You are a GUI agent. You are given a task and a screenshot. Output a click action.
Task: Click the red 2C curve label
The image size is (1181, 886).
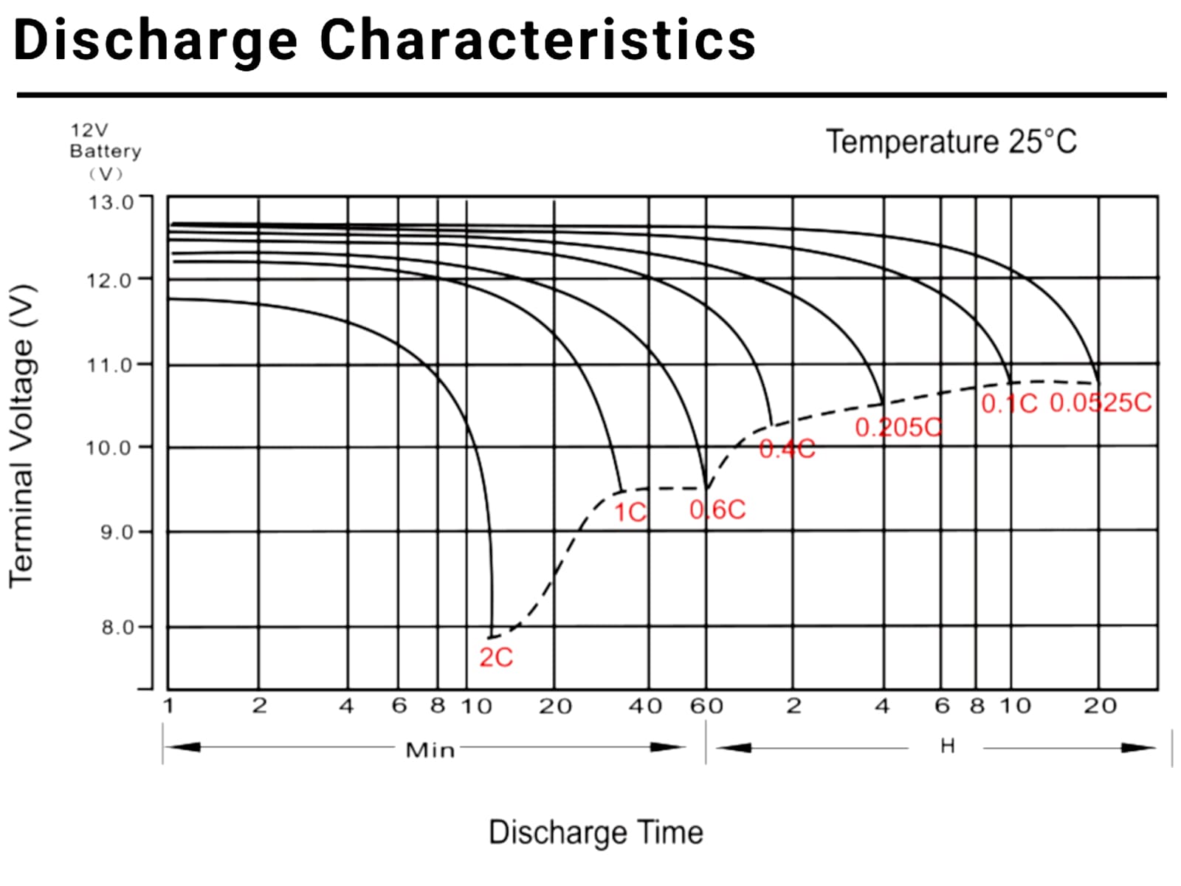495,657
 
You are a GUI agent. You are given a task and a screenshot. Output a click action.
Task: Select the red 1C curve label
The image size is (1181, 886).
630,512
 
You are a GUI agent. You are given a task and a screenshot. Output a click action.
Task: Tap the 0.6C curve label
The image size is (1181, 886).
717,509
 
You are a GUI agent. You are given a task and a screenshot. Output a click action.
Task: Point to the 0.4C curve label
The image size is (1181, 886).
787,448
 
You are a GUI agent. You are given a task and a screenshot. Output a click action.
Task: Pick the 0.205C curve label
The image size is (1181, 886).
898,427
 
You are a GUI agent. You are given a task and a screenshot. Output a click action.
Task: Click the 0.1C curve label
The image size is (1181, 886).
1009,403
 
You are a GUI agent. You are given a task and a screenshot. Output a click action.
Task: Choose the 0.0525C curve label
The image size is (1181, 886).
1101,402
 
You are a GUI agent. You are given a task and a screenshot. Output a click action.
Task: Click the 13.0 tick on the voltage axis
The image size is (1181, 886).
111,202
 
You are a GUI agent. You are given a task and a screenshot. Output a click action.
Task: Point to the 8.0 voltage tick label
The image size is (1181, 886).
117,628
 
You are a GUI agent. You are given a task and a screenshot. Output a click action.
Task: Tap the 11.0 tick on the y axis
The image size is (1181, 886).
110,365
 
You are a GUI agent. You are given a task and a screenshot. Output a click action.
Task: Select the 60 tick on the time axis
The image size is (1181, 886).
706,707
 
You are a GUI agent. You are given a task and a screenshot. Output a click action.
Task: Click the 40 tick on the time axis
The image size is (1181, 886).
645,707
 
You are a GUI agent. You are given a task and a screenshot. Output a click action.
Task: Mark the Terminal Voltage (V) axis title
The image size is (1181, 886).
22,436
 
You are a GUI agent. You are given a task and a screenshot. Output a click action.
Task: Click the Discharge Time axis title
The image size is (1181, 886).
596,832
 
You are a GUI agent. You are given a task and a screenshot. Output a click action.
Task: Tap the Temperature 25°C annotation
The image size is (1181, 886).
951,142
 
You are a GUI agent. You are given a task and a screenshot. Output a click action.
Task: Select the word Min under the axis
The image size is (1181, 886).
430,750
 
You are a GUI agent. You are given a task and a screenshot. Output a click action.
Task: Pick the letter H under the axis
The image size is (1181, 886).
948,746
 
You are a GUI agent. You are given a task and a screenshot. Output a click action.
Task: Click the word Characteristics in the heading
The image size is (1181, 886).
537,40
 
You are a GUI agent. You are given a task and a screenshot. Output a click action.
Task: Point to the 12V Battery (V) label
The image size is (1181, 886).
105,151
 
